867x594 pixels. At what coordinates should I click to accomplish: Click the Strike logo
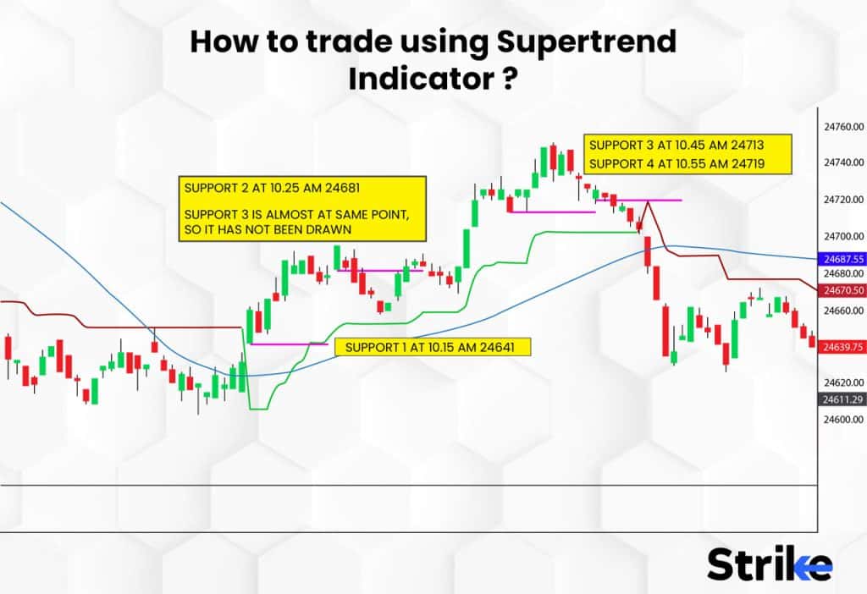pyautogui.click(x=769, y=564)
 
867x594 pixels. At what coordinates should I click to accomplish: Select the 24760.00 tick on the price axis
pyautogui.click(x=842, y=127)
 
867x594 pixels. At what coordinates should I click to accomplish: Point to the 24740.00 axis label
pyautogui.click(x=842, y=162)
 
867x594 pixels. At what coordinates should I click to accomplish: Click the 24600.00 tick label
pyautogui.click(x=842, y=420)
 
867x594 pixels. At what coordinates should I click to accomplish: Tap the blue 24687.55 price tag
pyautogui.click(x=842, y=258)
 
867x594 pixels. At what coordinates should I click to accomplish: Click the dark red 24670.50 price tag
pyautogui.click(x=842, y=290)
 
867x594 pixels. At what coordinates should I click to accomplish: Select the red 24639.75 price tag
pyautogui.click(x=842, y=347)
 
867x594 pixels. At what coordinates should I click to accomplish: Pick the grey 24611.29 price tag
pyautogui.click(x=842, y=399)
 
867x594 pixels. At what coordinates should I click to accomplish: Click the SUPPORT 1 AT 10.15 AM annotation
pyautogui.click(x=432, y=347)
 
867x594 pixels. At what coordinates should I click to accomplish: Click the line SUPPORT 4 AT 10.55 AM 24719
pyautogui.click(x=687, y=163)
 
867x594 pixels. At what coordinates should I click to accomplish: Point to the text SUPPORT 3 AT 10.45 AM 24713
pyautogui.click(x=687, y=145)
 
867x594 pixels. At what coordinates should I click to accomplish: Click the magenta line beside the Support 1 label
pyautogui.click(x=289, y=344)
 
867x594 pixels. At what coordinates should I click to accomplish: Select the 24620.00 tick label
pyautogui.click(x=842, y=382)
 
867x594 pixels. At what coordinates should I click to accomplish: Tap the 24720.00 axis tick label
pyautogui.click(x=842, y=200)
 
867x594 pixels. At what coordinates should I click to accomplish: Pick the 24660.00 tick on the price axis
pyautogui.click(x=842, y=311)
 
